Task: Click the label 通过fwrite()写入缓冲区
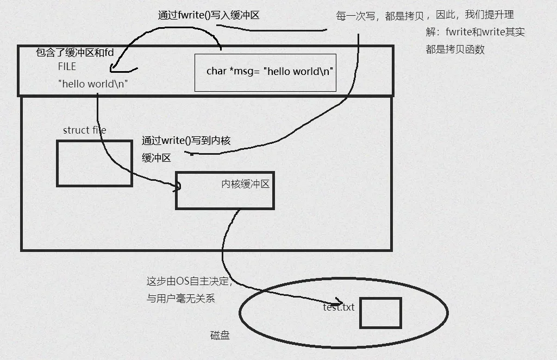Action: (x=209, y=16)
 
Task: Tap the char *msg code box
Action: (x=265, y=72)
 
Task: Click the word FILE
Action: (x=67, y=67)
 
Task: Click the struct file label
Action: (x=84, y=130)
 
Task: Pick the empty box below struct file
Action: (x=95, y=163)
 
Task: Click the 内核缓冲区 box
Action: (x=224, y=190)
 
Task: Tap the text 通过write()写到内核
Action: (x=186, y=141)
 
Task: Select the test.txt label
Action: (x=339, y=307)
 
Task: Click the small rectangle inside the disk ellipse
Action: (x=380, y=313)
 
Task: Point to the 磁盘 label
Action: (x=220, y=336)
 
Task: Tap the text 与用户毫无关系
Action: (x=182, y=298)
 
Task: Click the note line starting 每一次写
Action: (x=425, y=16)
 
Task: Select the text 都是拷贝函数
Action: (x=455, y=49)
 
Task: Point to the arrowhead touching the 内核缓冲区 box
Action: (x=177, y=187)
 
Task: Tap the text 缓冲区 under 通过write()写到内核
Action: (x=157, y=158)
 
